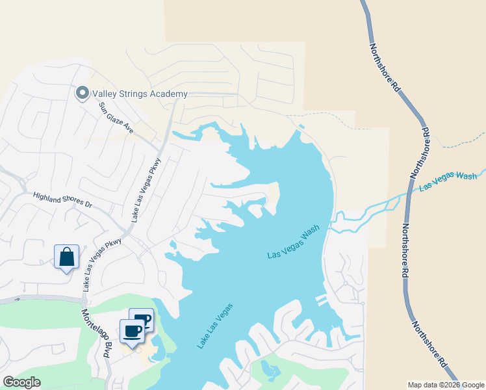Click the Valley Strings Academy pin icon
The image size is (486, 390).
click(x=83, y=94)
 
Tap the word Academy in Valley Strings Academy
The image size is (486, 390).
click(x=168, y=94)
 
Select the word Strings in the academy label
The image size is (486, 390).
click(x=133, y=94)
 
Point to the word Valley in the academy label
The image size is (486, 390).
click(x=105, y=94)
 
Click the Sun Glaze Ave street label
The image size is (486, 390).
click(x=116, y=118)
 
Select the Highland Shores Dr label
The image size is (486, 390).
click(x=64, y=199)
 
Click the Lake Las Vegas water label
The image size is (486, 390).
click(x=215, y=326)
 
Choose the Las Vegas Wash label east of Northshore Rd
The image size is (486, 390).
click(x=448, y=181)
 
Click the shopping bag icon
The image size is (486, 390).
click(x=67, y=257)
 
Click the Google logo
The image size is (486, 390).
click(x=22, y=382)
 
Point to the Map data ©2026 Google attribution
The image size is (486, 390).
click(x=446, y=385)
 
